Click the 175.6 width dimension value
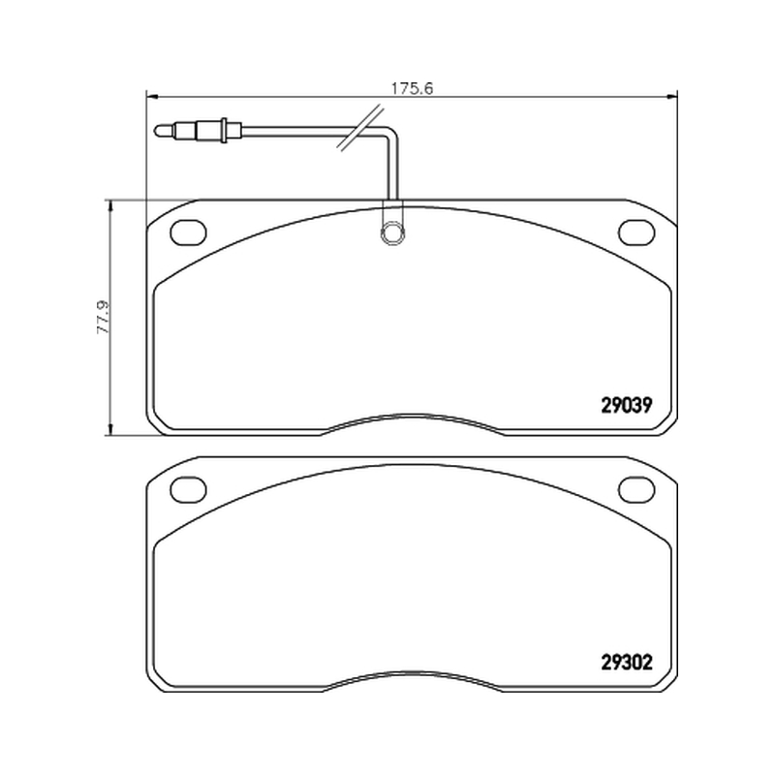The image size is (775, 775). (412, 88)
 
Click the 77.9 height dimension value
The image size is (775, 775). (104, 317)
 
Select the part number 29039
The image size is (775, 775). (626, 405)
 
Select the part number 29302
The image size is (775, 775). (626, 662)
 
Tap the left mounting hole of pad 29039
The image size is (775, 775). (188, 232)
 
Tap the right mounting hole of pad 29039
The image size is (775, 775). (636, 232)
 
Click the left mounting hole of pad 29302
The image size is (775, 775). (188, 489)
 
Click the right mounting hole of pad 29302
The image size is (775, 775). (636, 489)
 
